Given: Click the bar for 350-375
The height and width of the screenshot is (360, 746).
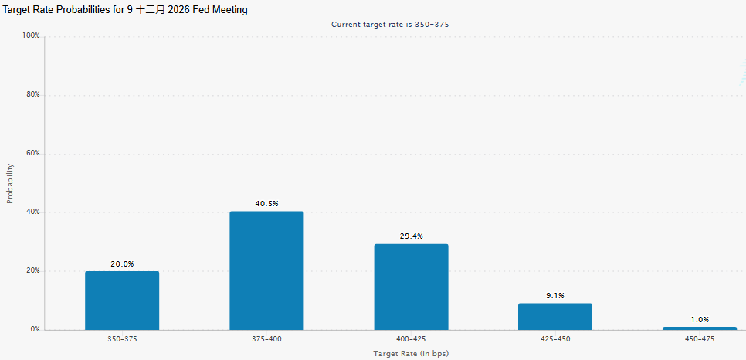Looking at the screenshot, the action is click(x=122, y=301).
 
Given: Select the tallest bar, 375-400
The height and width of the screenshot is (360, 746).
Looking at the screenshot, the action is click(x=266, y=270).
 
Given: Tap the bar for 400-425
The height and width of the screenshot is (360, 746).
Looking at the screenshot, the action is click(x=411, y=287).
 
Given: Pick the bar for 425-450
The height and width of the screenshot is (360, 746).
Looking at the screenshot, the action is click(x=555, y=317).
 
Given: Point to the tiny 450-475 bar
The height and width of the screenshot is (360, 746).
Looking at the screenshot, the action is click(x=700, y=328).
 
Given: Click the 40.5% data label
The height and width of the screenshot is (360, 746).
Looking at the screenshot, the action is click(x=266, y=204).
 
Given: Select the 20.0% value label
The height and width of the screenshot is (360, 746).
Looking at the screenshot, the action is click(x=122, y=263).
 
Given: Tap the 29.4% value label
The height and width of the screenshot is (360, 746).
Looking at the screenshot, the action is click(x=411, y=236).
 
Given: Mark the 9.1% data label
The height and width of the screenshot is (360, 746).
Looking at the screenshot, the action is click(x=555, y=296).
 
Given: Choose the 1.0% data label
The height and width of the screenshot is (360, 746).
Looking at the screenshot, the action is click(x=700, y=320).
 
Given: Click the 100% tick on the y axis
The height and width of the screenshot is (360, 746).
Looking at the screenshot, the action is click(x=31, y=36).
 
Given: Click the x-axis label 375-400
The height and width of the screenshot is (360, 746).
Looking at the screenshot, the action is click(x=266, y=339).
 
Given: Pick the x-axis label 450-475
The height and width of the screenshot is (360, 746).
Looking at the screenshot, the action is click(x=700, y=339).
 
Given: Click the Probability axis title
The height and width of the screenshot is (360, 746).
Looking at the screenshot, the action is click(x=11, y=183).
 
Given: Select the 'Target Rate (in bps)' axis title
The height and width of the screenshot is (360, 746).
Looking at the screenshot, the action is click(x=411, y=353).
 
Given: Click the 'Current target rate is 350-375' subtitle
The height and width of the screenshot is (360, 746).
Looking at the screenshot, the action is click(x=390, y=24).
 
